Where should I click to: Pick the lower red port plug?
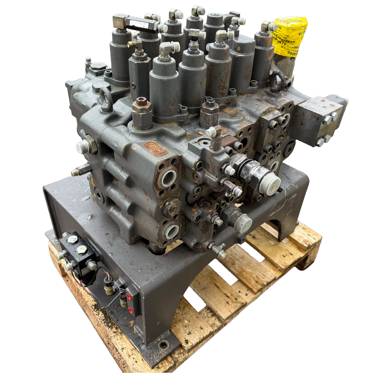pyautogui.click(x=130, y=309)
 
